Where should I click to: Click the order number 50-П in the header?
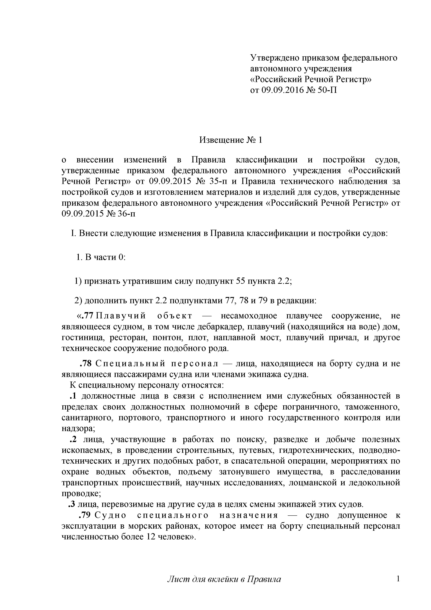tap(327, 90)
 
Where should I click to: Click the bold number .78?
tap(86, 363)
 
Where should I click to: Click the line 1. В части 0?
tap(101, 257)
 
